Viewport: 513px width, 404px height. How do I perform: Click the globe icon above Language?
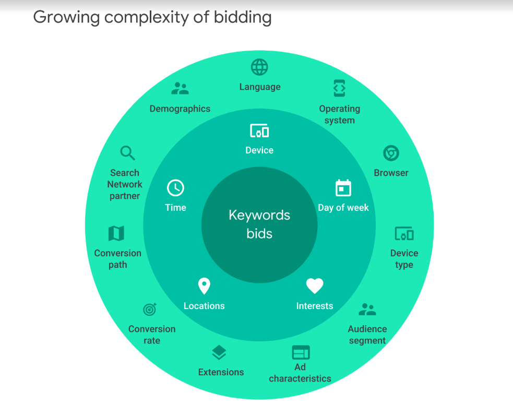click(x=259, y=67)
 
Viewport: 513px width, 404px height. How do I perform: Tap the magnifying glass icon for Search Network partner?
click(x=127, y=153)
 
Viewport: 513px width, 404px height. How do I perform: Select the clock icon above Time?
click(x=175, y=188)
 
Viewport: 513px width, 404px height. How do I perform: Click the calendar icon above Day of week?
click(x=343, y=188)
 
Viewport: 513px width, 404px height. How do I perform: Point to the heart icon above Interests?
click(x=315, y=286)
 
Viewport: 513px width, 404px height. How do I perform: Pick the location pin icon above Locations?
click(x=204, y=286)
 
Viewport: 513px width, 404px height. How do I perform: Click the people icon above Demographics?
click(x=180, y=89)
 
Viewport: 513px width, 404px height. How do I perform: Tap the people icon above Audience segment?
click(x=367, y=310)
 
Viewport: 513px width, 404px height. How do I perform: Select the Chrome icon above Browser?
click(x=391, y=153)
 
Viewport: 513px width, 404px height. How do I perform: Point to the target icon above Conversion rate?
click(x=150, y=310)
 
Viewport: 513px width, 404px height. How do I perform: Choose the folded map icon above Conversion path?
click(x=116, y=233)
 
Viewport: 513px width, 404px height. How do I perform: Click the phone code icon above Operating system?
click(x=339, y=89)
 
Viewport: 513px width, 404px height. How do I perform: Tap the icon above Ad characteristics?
click(x=301, y=353)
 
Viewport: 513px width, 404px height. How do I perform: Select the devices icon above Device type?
click(x=404, y=233)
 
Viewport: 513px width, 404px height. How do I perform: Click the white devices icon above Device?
click(x=259, y=130)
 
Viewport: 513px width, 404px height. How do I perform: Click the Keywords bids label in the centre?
click(x=259, y=224)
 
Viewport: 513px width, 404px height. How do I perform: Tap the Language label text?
click(x=260, y=87)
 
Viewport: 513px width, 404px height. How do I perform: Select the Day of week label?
click(x=343, y=208)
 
